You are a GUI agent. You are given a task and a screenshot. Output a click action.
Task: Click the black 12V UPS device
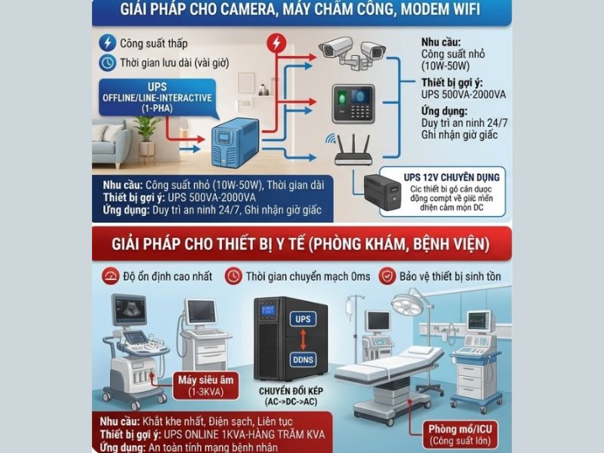pyautogui.click(x=384, y=193)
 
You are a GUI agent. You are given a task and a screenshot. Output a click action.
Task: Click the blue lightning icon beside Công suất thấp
pyautogui.click(x=109, y=42)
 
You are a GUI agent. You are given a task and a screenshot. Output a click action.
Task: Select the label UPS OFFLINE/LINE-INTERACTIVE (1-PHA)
pyautogui.click(x=158, y=98)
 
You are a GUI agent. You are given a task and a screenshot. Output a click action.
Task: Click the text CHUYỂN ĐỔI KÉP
pyautogui.click(x=291, y=393)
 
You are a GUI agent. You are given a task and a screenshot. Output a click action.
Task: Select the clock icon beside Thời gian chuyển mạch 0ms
pyautogui.click(x=234, y=276)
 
